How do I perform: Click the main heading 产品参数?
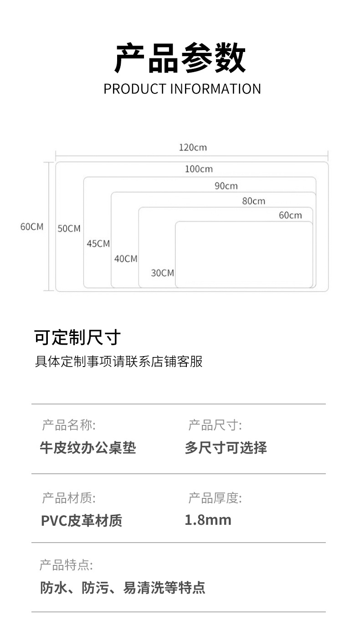(x=180, y=58)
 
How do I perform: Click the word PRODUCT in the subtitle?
(x=135, y=88)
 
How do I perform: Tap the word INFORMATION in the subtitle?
(x=215, y=88)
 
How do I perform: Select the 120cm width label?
(x=192, y=147)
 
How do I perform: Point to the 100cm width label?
(x=199, y=169)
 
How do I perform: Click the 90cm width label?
(x=226, y=186)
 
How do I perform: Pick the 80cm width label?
(x=253, y=201)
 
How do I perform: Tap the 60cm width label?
(x=290, y=215)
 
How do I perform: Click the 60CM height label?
(x=32, y=227)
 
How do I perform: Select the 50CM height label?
(x=69, y=228)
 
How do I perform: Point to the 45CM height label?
(x=98, y=243)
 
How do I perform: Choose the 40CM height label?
(x=126, y=259)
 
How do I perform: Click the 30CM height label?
(x=163, y=273)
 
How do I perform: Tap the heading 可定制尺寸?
(x=77, y=338)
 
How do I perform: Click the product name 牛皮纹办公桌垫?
(x=88, y=448)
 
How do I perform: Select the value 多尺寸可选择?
(x=226, y=448)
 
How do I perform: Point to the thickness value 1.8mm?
(x=208, y=520)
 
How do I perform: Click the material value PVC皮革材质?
(x=82, y=521)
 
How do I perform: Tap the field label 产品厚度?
(x=215, y=498)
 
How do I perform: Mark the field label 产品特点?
(x=66, y=566)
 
